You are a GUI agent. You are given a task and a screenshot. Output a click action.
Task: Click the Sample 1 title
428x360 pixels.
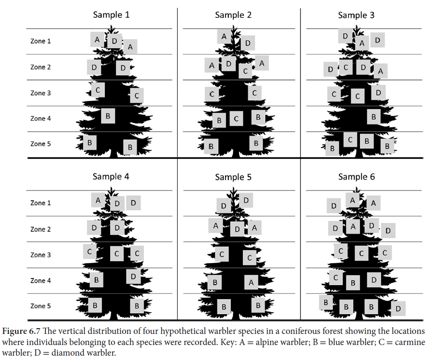[x=111, y=14]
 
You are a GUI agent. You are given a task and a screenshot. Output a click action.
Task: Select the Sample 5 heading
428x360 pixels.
[x=233, y=177]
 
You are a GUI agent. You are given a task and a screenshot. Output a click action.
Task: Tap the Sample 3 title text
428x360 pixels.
[x=356, y=15]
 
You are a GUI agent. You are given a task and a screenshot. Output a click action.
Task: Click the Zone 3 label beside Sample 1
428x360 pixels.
[x=41, y=93]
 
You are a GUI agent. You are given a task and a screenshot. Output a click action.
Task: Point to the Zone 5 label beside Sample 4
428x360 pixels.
[x=41, y=306]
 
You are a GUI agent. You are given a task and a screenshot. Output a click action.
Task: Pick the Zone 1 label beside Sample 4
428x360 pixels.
[x=41, y=203]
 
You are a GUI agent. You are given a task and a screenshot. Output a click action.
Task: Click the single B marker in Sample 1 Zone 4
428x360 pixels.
[x=108, y=116]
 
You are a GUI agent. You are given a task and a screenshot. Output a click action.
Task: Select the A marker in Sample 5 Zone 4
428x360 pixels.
[x=251, y=282]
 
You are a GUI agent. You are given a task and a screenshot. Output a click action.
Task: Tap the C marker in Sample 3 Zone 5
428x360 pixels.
[x=351, y=140]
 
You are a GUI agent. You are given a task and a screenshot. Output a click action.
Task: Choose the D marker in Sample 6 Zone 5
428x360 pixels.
[x=398, y=308]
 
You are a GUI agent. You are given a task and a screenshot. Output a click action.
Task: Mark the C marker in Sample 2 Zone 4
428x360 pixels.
[x=236, y=118]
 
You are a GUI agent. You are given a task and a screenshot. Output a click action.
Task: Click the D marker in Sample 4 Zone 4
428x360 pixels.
[x=133, y=277]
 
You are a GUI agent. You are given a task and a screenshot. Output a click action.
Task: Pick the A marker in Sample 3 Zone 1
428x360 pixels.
[x=361, y=43]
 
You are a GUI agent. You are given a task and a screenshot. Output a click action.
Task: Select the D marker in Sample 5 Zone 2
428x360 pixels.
[x=237, y=229]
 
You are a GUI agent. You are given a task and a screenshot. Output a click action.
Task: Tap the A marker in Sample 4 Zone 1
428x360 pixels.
[x=98, y=200]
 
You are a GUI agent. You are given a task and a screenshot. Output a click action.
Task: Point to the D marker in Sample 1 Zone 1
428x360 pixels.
[x=114, y=41]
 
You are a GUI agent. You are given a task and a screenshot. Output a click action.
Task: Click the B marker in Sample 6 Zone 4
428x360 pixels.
[x=353, y=283]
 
